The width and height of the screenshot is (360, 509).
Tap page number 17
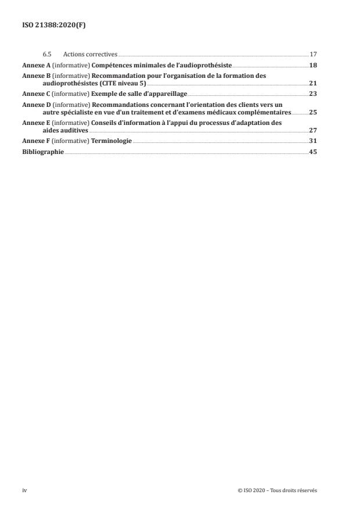tap(313, 54)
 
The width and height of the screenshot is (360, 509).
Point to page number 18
tap(313, 64)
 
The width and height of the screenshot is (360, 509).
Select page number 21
tap(313, 83)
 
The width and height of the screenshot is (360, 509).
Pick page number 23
tap(313, 93)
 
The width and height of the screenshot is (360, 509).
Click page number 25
tap(313, 112)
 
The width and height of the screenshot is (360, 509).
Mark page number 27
tap(313, 131)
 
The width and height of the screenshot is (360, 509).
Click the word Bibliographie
tap(43, 152)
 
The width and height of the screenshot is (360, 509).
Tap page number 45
tap(313, 152)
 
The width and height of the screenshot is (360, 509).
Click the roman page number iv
tap(24, 490)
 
